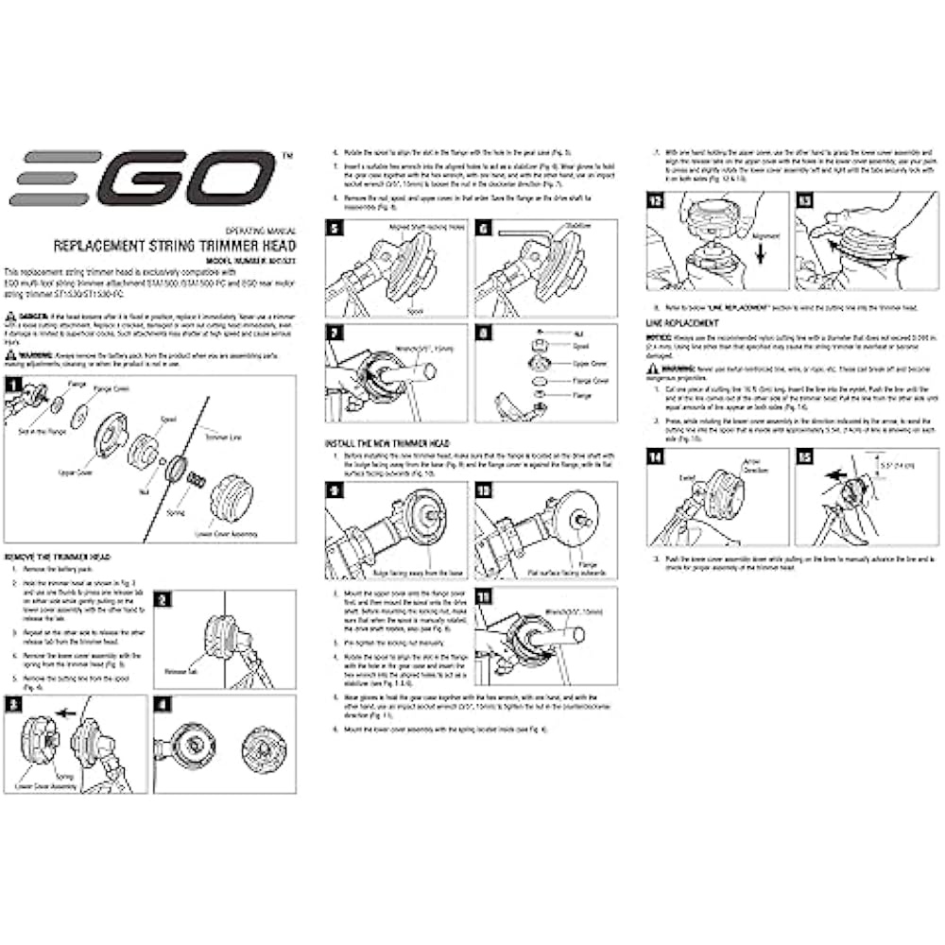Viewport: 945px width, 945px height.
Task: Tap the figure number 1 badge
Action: coord(13,385)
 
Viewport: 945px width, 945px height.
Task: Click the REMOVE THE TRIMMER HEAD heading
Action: coord(60,557)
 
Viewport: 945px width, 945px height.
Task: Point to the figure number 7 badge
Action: coord(335,334)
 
